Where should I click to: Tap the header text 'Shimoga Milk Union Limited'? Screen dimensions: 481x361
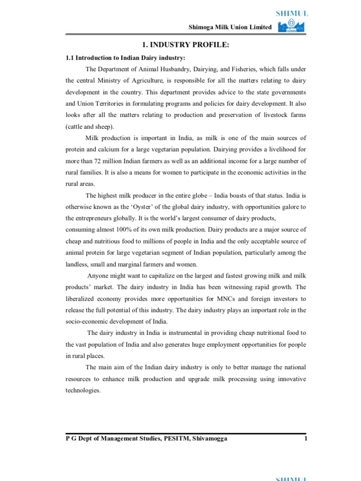click(230, 27)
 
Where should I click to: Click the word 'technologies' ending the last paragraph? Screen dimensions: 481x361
click(83, 390)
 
